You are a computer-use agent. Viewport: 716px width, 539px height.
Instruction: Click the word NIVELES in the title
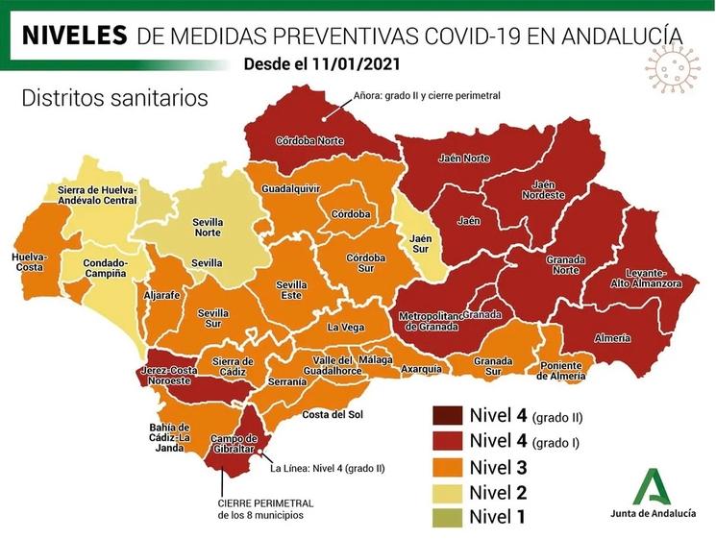74,37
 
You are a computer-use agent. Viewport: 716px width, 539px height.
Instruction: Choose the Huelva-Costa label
32,262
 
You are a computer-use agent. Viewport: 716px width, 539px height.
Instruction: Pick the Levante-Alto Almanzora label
647,280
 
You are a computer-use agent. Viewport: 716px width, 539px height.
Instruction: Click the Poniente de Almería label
559,370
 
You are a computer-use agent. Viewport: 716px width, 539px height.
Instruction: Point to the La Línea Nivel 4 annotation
327,469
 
